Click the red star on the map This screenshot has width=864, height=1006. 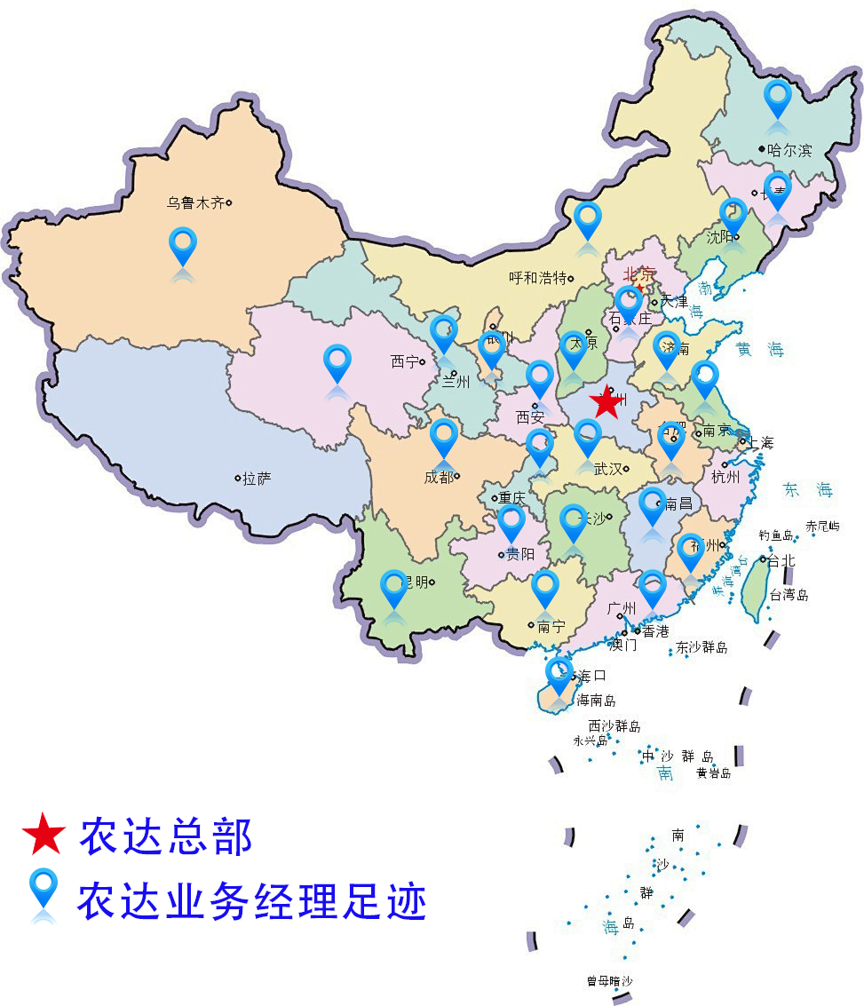606,401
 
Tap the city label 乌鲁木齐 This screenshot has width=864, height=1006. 195,202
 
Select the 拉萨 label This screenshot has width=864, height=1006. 257,479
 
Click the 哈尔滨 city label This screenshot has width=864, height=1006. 789,150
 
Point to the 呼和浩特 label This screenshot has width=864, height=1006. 537,278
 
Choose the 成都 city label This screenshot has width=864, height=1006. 439,477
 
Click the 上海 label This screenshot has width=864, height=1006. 761,442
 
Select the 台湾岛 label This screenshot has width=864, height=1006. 789,595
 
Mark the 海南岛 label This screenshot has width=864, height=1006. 596,700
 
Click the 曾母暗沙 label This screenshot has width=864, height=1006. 609,981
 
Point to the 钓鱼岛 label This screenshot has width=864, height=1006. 775,535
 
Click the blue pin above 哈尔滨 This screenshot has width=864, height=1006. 778,98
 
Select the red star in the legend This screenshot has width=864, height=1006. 44,836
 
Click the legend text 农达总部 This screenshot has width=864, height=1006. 166,836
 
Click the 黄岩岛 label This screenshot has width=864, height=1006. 713,773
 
